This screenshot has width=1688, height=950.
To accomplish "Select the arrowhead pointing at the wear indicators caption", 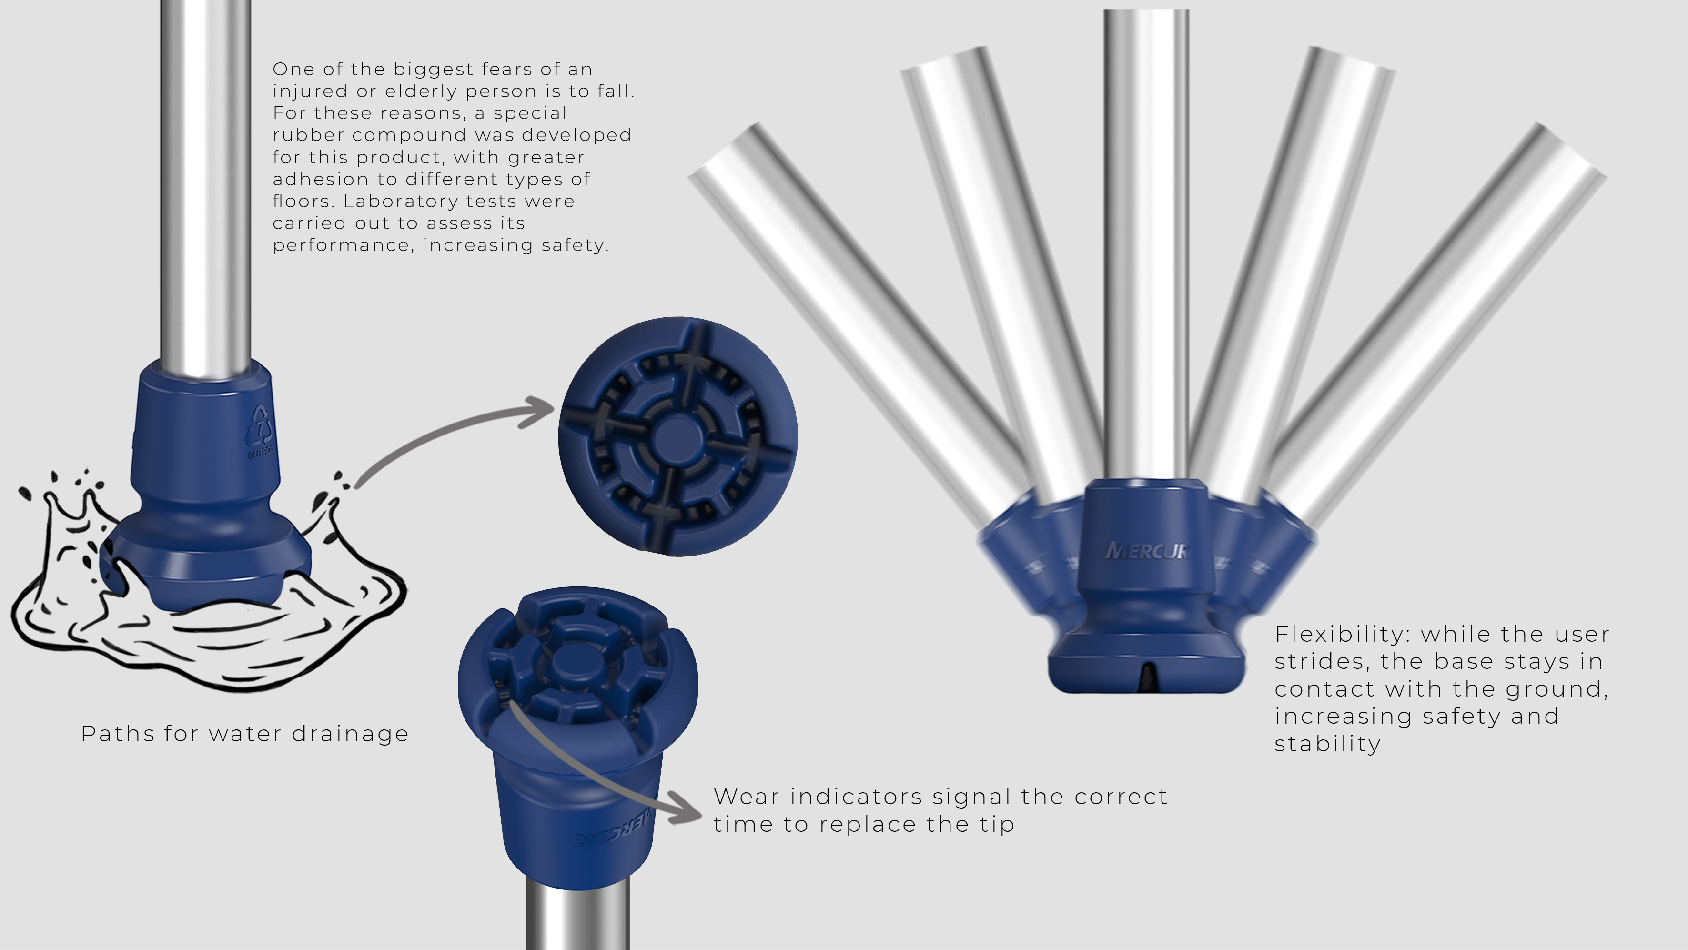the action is click(x=684, y=808).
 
